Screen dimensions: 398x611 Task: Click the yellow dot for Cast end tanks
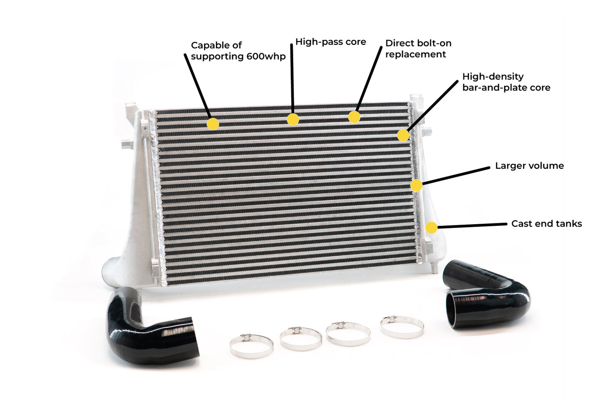point(431,228)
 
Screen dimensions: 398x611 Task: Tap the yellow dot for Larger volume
point(416,185)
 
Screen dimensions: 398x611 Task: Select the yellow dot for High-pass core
point(293,119)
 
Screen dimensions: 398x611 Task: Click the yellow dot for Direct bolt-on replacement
point(354,117)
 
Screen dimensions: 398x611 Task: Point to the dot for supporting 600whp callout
point(213,124)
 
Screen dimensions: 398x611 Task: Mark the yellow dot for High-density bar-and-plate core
point(403,135)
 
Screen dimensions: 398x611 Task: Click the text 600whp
point(266,56)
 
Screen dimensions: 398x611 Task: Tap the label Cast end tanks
point(546,224)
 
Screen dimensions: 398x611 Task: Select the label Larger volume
point(529,166)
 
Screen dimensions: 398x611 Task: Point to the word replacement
point(415,54)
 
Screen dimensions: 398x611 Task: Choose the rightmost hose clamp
point(402,327)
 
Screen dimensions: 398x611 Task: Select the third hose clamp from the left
point(348,334)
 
